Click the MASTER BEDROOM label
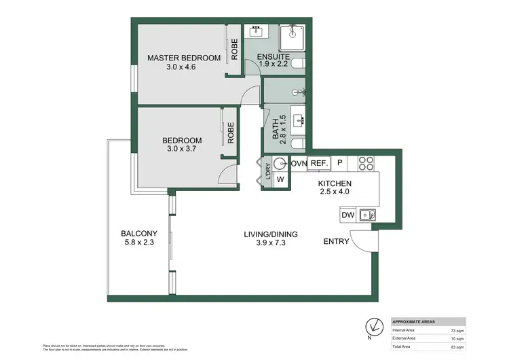[184, 58]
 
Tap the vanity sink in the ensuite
[257, 31]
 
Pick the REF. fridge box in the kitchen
[319, 164]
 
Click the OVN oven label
[299, 164]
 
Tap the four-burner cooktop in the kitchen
[366, 164]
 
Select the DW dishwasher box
[347, 215]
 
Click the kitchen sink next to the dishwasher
[367, 215]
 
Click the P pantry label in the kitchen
[339, 164]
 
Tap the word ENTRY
[336, 241]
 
